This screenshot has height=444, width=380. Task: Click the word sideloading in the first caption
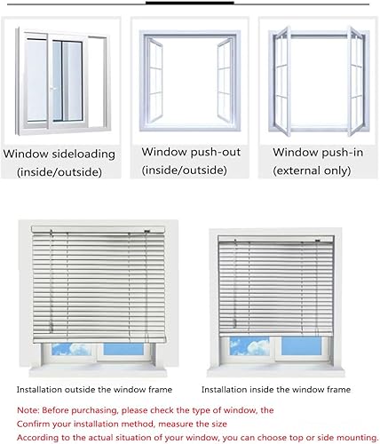tap(83, 155)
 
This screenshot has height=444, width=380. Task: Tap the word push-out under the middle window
tap(215, 152)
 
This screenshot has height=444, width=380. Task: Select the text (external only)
tap(312, 170)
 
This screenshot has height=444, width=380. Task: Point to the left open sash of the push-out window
tap(154, 80)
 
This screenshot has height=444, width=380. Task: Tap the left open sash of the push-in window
tap(282, 81)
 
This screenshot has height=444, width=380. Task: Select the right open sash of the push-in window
tap(355, 81)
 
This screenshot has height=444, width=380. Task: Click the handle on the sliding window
tap(52, 88)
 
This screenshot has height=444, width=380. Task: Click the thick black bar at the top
tap(190, 3)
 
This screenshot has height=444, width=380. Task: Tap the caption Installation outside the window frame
tap(94, 390)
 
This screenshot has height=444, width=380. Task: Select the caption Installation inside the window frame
tap(276, 390)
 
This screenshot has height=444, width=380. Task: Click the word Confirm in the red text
tap(33, 424)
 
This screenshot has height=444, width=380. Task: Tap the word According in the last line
tap(37, 438)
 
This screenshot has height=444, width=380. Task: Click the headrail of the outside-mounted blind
tap(98, 229)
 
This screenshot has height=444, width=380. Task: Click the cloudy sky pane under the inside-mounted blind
tap(249, 345)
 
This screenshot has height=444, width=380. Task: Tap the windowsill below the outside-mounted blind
tap(98, 370)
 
